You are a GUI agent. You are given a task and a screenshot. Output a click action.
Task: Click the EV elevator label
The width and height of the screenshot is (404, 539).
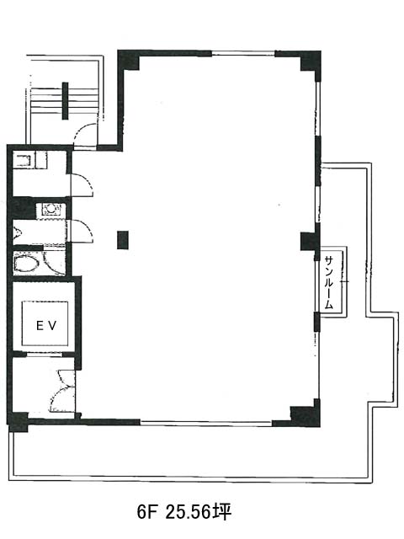pos(46,326)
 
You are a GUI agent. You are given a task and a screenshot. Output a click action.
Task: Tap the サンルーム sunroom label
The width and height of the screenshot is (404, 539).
pos(329,282)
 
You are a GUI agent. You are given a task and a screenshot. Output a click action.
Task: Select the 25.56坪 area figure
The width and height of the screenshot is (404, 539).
pos(199,513)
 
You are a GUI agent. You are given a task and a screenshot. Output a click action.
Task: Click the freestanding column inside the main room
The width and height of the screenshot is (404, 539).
pos(123,239)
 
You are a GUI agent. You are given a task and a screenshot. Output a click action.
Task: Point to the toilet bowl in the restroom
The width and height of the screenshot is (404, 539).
pos(26,264)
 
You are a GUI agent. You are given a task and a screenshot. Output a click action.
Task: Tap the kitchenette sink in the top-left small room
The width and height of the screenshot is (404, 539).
pos(23,161)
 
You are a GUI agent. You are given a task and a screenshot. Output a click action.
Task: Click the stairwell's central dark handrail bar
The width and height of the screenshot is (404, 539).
pos(65,100)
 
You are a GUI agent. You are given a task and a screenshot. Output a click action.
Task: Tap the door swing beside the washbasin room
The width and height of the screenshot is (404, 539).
pos(82,231)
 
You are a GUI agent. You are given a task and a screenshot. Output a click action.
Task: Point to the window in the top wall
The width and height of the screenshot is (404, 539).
pos(243,53)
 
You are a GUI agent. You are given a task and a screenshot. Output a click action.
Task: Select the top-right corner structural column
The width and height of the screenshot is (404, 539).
pos(311,61)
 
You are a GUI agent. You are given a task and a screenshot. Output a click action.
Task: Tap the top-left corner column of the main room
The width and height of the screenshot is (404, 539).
pos(129,61)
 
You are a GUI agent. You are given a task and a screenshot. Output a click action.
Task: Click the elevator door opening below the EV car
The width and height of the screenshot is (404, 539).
pos(45,354)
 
